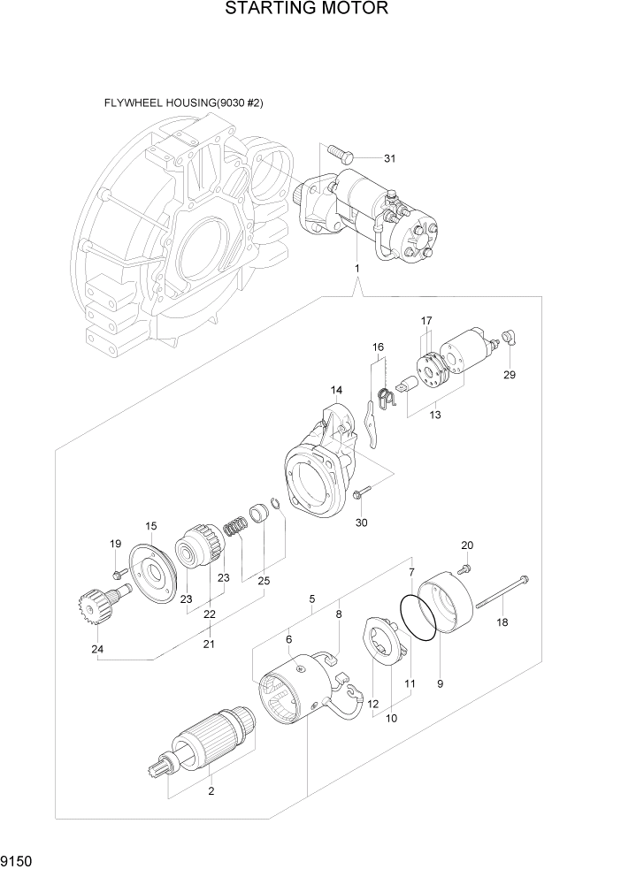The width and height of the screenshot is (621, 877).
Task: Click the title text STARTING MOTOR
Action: tap(306, 10)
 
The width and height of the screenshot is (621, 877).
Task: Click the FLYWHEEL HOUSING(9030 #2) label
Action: tap(183, 103)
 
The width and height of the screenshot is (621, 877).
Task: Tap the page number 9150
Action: tap(21, 858)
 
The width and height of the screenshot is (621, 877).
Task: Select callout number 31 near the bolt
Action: tap(388, 159)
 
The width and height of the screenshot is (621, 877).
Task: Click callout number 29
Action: tap(510, 374)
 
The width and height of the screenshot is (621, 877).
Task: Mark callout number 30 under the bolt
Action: tap(360, 522)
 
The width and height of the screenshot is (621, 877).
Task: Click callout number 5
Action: tap(311, 599)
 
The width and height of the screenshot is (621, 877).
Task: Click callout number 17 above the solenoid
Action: tap(425, 320)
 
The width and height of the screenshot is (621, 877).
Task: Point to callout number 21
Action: tap(209, 644)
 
